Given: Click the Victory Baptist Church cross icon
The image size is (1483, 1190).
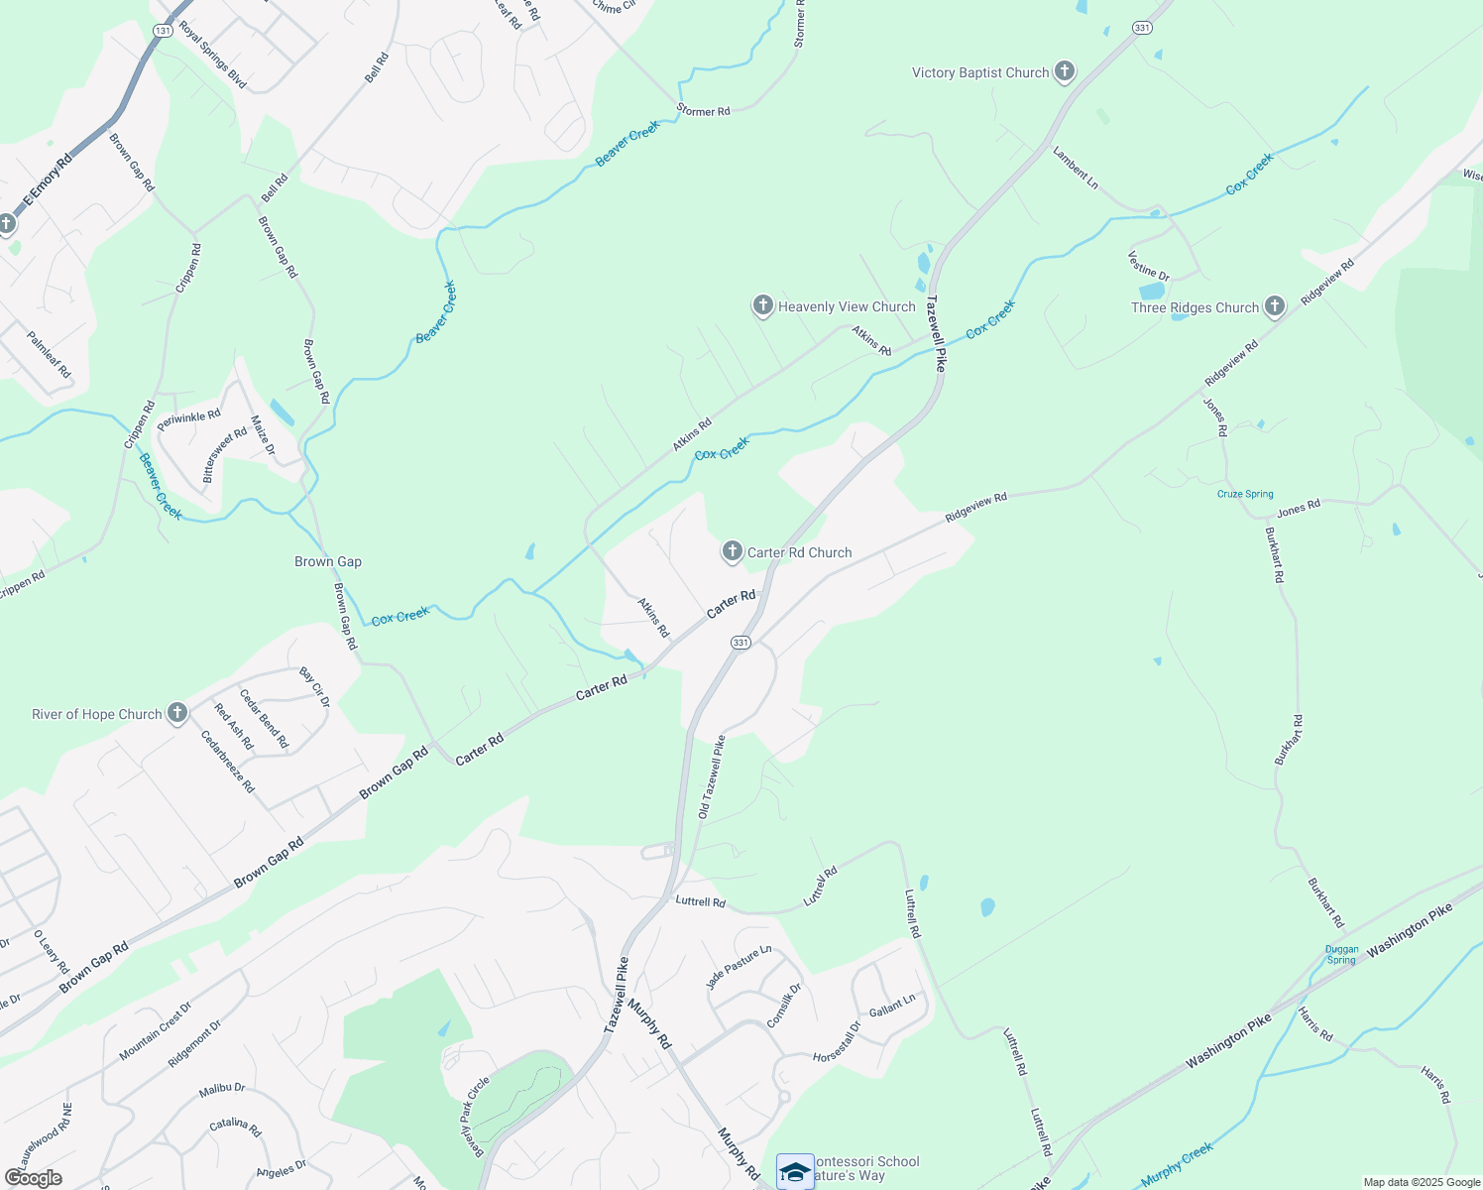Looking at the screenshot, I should [1065, 71].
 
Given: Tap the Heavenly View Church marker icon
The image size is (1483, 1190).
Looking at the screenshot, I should [762, 306].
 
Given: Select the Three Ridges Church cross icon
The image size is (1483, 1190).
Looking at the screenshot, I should [1275, 307].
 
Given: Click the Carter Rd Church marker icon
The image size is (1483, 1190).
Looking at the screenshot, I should [733, 552].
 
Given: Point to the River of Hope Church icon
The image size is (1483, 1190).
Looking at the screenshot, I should [177, 714].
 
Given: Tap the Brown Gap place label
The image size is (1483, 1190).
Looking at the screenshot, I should [328, 561].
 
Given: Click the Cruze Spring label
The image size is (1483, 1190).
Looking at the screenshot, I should [1245, 494].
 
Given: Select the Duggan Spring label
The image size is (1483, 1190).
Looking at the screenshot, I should [1341, 954].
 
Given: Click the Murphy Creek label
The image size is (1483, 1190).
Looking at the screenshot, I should [1177, 1165].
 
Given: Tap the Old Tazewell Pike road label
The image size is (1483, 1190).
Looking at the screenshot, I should [712, 777].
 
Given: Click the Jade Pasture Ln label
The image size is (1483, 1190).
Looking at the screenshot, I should [739, 967].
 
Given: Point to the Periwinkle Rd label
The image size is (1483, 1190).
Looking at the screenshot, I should [188, 419].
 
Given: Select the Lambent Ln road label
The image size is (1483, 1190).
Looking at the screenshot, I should [1076, 168].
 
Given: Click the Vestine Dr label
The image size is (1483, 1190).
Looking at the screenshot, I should [1149, 266].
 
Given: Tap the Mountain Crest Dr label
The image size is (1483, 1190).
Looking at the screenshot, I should [155, 1032].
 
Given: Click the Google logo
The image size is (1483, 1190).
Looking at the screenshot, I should [33, 1178].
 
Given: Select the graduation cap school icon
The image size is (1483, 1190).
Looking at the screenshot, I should [795, 1172].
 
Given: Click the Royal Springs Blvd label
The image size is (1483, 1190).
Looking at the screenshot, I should [212, 54].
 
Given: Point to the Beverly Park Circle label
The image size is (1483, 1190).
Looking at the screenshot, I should [474, 1117].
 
